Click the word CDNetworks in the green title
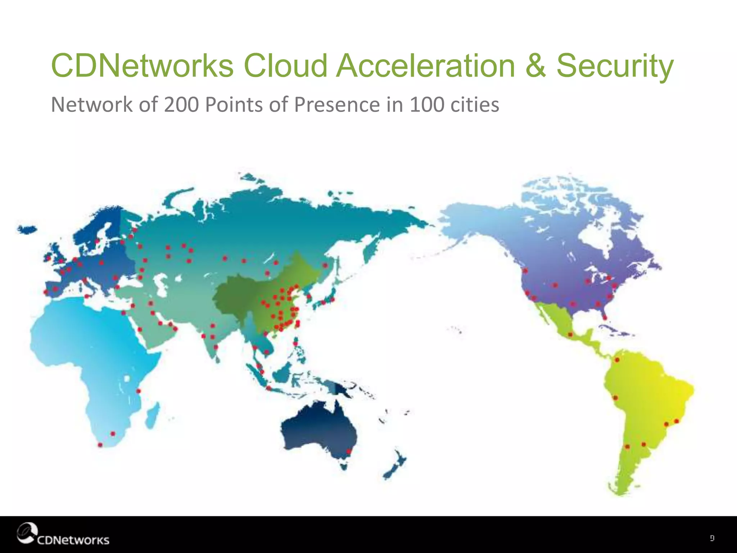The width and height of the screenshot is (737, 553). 143,66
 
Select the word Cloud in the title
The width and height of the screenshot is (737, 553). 285,66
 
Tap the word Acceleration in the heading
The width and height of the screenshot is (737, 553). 426,66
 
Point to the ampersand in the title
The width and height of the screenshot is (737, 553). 535,66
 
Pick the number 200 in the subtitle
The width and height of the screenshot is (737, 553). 181,105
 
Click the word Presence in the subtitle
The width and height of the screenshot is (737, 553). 337,105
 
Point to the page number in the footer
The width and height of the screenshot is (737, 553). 712,538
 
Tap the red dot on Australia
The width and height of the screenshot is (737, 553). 348,451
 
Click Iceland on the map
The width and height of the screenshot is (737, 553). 27,229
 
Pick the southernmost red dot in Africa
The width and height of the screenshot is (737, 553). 100,445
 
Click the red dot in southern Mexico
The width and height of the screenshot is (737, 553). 570,335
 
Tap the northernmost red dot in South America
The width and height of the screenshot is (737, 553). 617,360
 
